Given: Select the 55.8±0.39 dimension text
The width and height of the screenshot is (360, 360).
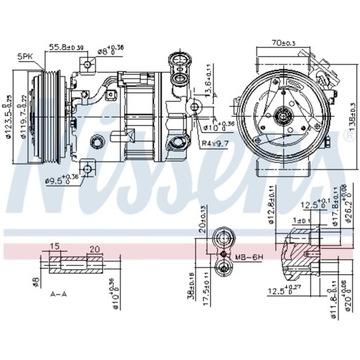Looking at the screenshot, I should coord(92,46).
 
